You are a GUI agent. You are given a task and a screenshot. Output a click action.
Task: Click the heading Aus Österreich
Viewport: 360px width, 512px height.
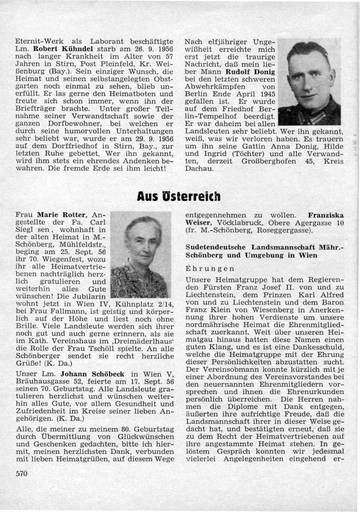[x=179, y=196]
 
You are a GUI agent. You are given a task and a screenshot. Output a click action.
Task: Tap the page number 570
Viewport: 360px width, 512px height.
[x=22, y=474]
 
